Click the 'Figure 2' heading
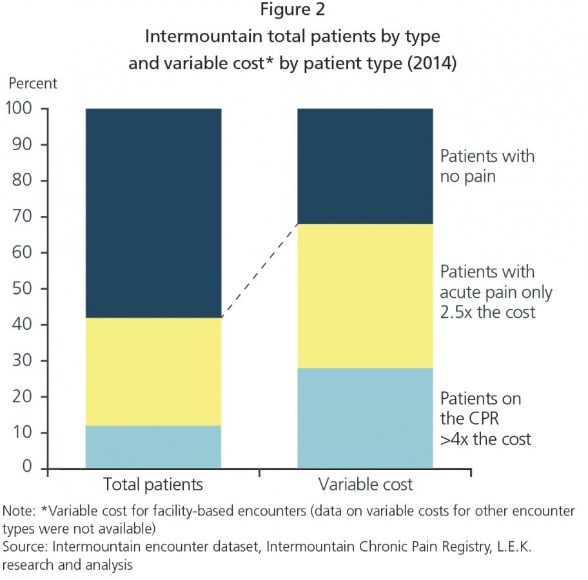tap(293, 10)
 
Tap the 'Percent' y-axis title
tap(33, 83)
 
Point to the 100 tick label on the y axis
tap(19, 108)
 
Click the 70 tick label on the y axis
tap(22, 216)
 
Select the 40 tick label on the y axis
tap(22, 324)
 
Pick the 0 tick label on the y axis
tap(27, 466)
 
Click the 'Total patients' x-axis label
tap(153, 485)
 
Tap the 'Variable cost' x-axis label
tap(366, 485)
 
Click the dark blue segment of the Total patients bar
tap(153, 213)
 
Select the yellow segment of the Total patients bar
tap(153, 372)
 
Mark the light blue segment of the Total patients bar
tap(153, 447)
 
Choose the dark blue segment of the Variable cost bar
tap(366, 166)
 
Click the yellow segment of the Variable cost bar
tap(366, 296)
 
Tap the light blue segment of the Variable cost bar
tap(366, 418)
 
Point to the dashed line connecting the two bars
tap(259, 271)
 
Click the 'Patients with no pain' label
tap(487, 166)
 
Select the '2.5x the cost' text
tap(487, 313)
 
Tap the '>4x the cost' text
tap(485, 439)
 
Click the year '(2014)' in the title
tap(431, 63)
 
